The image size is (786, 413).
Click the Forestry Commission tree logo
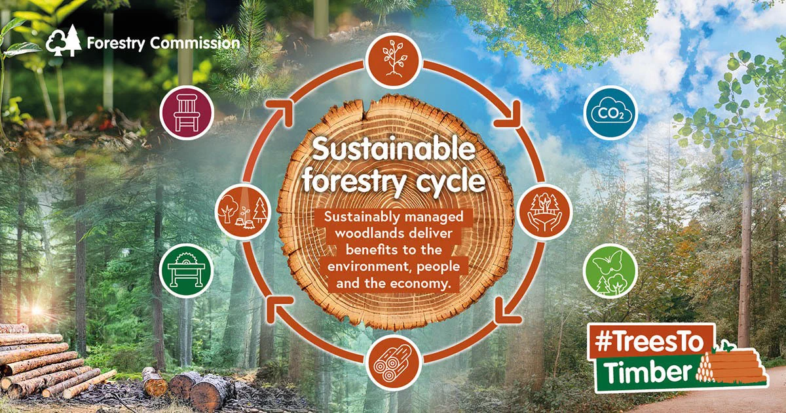coord(64,41)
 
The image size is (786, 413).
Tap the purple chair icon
coord(187,113)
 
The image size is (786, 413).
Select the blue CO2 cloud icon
coord(611,113)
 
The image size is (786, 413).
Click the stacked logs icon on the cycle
coord(394,363)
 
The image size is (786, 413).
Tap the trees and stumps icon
coord(242,212)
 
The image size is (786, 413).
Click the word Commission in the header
coord(195,43)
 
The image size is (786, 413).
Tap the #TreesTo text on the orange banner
coord(650,342)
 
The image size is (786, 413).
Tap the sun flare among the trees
coord(36,310)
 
